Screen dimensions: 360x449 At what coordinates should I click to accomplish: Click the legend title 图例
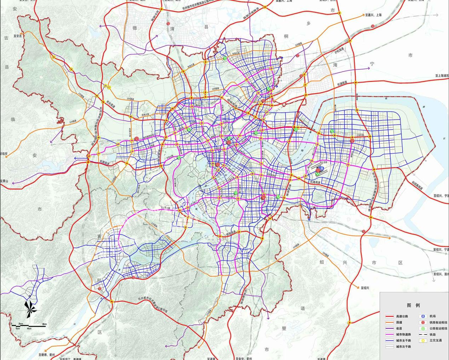[x=413, y=305]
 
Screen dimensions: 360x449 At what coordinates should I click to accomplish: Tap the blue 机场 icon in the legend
[x=422, y=316]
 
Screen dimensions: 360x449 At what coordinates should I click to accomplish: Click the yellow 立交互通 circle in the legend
[x=422, y=341]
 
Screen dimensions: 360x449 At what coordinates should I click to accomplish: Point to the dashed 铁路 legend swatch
[x=422, y=335]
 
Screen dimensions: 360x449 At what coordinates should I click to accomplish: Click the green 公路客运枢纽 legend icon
[x=422, y=328]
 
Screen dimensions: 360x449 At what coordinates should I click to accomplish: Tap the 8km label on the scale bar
[x=45, y=324]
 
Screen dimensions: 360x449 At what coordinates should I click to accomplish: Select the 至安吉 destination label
[x=18, y=36]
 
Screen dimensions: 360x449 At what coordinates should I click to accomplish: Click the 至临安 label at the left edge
[x=4, y=154]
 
